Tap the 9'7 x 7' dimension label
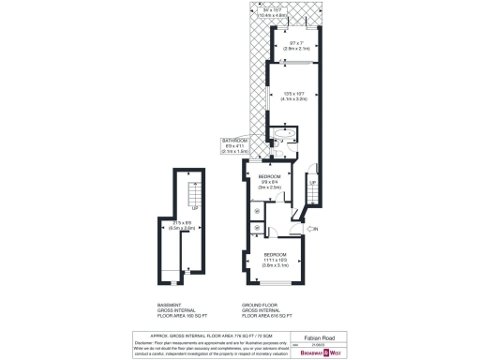tap(294, 45)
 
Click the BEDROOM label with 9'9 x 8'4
tap(270, 176)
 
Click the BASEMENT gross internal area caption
tap(175, 311)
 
